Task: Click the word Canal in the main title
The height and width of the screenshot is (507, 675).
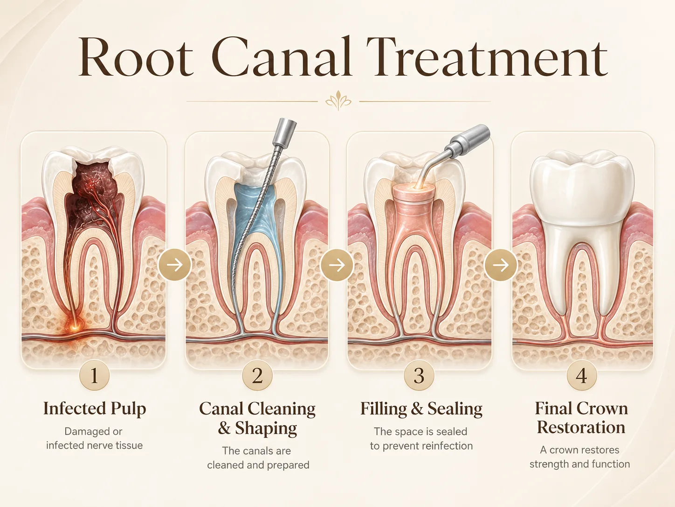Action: (281, 56)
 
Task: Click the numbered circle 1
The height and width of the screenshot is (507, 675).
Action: (95, 375)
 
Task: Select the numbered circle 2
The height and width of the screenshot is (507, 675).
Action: (257, 375)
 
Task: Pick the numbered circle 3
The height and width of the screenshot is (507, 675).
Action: (419, 375)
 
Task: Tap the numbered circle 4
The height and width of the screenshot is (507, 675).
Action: (581, 375)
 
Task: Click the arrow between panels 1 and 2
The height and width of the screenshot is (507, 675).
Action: (175, 265)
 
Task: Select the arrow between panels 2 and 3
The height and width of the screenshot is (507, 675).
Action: (337, 265)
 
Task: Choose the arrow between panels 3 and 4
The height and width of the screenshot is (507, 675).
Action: (501, 265)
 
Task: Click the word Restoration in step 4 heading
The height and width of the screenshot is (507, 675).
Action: (581, 427)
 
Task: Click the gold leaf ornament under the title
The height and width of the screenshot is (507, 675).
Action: (338, 100)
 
